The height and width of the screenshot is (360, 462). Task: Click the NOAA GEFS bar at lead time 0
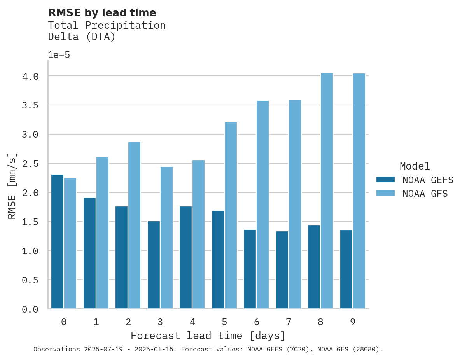57,241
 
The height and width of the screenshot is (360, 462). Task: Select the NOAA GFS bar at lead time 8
327,191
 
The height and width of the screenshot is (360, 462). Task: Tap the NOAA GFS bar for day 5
231,215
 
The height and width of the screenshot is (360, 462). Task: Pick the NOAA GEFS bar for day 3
154,265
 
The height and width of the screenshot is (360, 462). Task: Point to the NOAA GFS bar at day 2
134,225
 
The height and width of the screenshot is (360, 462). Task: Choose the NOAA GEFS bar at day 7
282,270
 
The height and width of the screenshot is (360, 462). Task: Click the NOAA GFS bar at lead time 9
359,191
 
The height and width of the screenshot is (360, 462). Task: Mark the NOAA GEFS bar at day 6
250,269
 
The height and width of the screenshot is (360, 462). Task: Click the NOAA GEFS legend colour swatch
385,180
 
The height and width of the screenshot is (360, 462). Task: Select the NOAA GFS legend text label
425,194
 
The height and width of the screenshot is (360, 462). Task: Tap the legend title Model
415,166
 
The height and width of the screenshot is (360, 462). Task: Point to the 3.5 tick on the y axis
30,105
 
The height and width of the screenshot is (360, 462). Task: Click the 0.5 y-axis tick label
30,280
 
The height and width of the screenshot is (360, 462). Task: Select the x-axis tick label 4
192,322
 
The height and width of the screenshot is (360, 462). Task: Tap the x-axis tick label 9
353,322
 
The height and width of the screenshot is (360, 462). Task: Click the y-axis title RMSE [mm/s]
12,186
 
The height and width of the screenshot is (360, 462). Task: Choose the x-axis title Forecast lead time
208,336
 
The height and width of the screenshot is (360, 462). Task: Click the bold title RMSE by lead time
102,13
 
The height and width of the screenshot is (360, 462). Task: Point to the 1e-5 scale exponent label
59,55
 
